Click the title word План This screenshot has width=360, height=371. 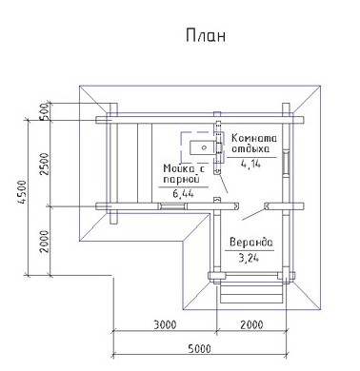206,35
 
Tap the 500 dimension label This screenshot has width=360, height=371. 45,111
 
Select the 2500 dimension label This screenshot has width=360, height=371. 45,164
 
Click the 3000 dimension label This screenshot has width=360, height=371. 165,324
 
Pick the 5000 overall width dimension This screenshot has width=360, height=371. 199,349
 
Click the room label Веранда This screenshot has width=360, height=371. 250,243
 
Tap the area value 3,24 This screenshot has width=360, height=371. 249,258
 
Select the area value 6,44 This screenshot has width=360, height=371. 183,193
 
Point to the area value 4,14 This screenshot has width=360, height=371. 250,164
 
